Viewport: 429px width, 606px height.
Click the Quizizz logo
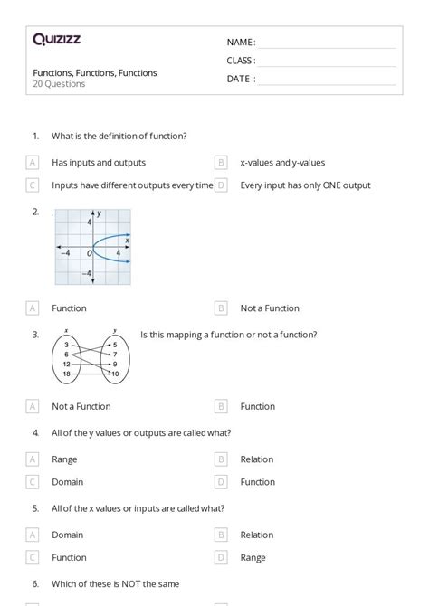point(55,39)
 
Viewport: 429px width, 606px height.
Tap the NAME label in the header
point(241,42)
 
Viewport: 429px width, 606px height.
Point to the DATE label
point(241,79)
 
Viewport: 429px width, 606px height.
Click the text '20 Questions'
point(60,84)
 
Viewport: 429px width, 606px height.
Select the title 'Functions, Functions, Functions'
point(95,72)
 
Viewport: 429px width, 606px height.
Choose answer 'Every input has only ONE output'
point(305,185)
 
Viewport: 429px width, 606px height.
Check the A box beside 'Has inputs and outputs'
point(33,163)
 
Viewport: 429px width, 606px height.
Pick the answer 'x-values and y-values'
point(282,163)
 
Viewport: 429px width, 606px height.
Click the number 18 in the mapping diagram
point(67,373)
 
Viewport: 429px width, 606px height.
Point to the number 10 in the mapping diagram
point(114,373)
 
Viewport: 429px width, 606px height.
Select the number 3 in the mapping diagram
point(67,345)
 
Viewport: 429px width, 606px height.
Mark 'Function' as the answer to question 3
point(257,406)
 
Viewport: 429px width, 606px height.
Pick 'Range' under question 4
point(64,459)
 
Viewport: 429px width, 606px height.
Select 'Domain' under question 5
point(67,535)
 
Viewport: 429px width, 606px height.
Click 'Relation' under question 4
point(257,459)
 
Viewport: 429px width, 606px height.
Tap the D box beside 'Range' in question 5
point(221,557)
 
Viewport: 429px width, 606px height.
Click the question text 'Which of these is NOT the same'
point(115,584)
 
